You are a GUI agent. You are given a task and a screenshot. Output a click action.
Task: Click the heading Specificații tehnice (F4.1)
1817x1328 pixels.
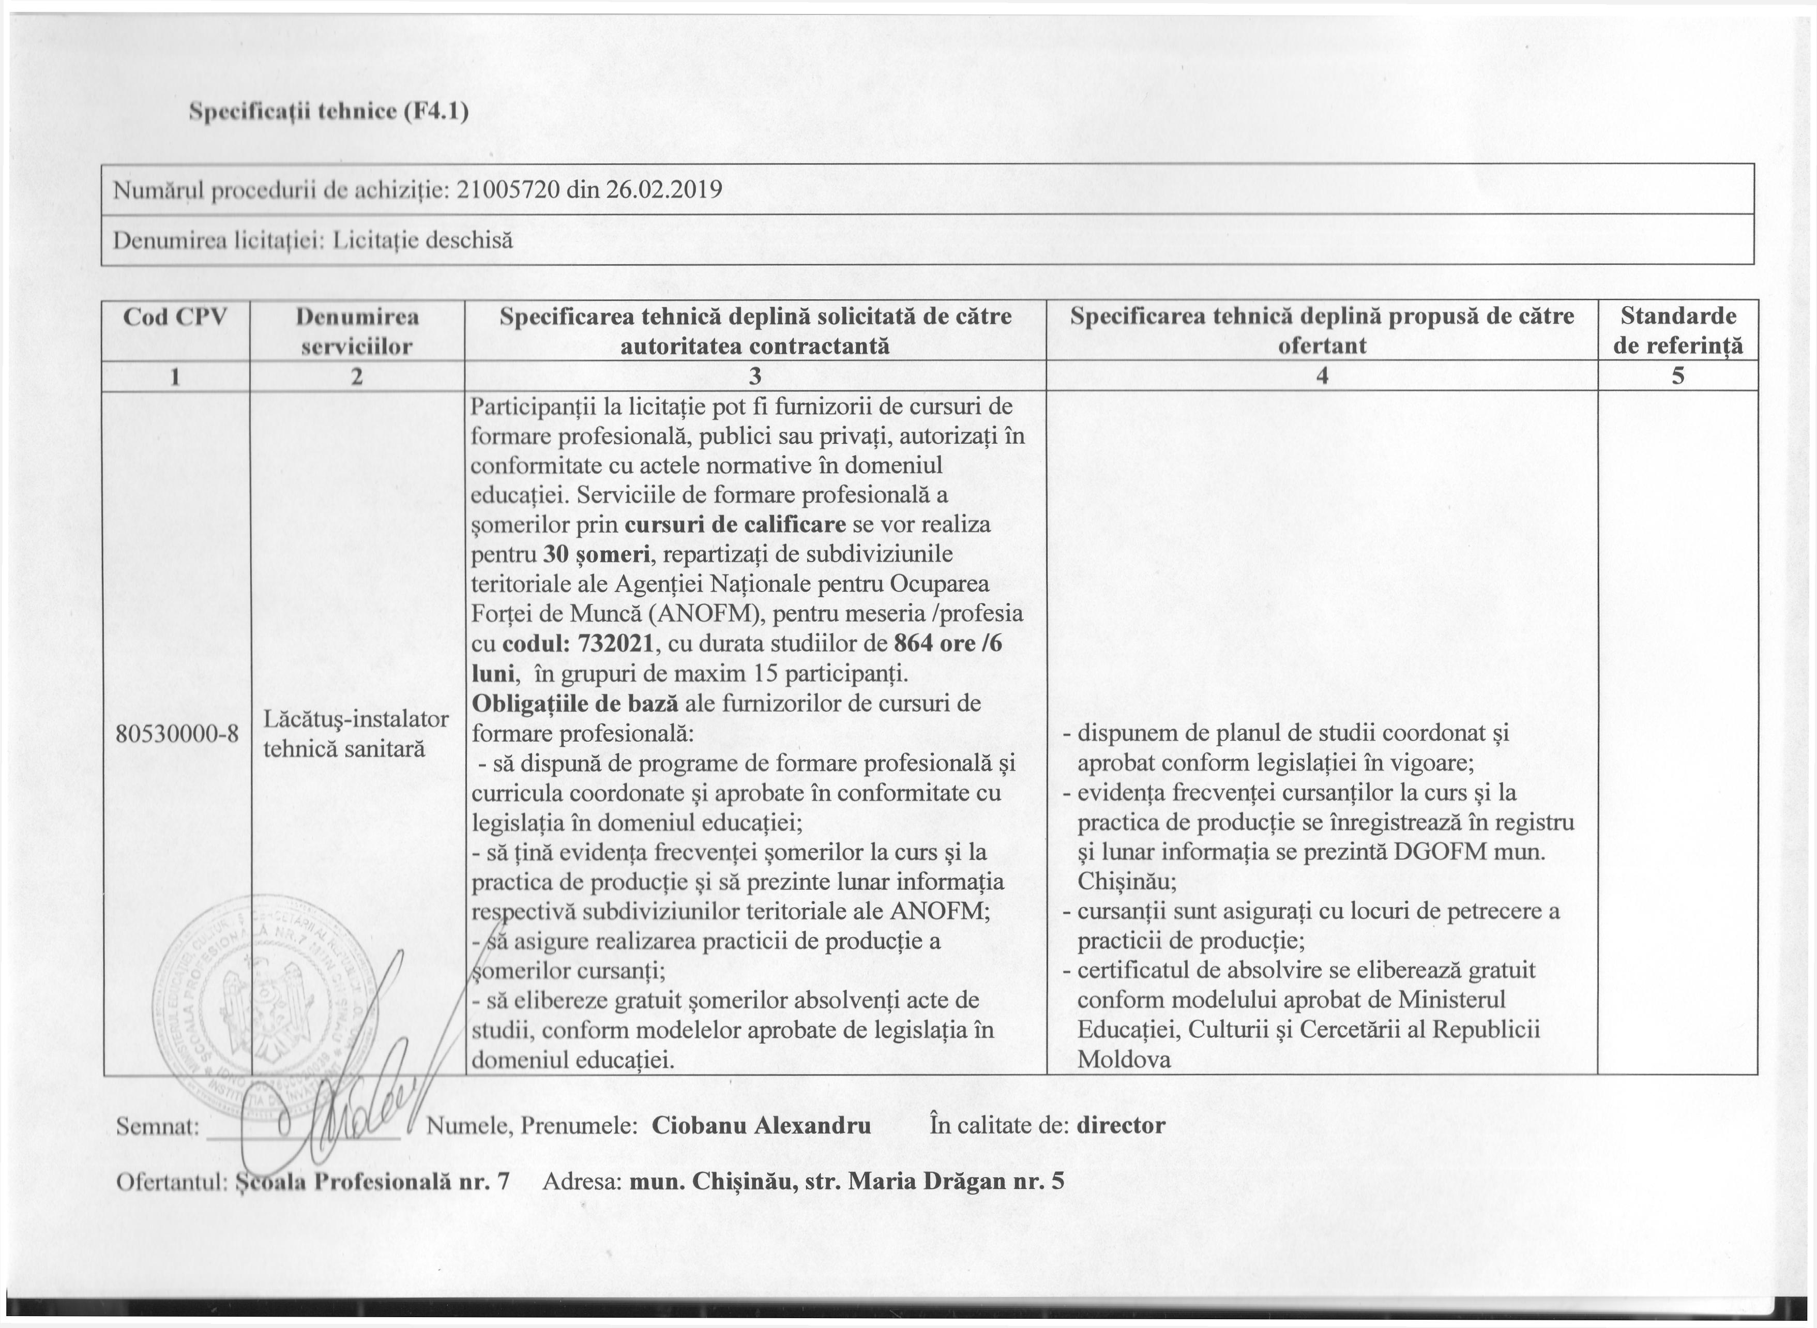click(x=328, y=112)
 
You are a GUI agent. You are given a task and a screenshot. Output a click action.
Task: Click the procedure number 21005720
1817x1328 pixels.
click(x=508, y=190)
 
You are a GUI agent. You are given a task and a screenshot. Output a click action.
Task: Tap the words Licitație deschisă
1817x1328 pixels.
click(x=422, y=239)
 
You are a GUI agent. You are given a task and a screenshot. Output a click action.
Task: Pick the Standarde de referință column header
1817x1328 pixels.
click(x=1677, y=330)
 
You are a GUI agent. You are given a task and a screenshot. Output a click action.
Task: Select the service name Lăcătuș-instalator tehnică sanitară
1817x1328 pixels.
click(x=356, y=733)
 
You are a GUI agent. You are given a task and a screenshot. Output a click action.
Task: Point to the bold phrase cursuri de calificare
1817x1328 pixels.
click(x=735, y=525)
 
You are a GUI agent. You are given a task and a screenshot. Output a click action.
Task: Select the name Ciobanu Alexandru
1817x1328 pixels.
click(x=761, y=1125)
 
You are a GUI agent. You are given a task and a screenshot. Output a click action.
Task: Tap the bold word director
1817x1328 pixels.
click(x=1121, y=1125)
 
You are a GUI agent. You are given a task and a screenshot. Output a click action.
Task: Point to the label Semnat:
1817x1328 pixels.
click(x=158, y=1127)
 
